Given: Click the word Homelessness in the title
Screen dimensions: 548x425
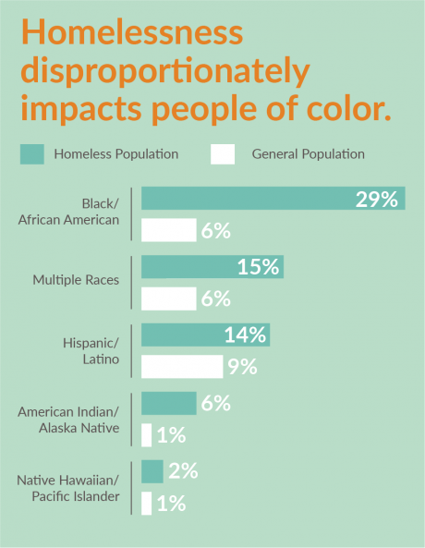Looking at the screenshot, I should (132, 34).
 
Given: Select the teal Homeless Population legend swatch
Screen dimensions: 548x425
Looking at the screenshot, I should (31, 154).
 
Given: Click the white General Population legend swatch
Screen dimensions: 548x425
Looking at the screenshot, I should (223, 154).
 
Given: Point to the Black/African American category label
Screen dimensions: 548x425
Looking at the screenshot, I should (81, 212).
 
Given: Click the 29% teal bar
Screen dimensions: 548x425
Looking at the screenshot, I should (273, 198).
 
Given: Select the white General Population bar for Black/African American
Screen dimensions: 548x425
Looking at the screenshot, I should (168, 230).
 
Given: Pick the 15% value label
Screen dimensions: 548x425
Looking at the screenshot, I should (258, 267).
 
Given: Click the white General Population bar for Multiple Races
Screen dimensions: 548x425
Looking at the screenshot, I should (168, 298).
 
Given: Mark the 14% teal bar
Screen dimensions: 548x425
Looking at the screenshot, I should (205, 335).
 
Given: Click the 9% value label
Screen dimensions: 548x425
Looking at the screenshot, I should (241, 367).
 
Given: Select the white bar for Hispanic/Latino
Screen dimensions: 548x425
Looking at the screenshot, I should (182, 367).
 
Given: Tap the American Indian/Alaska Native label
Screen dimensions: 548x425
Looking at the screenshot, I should (70, 419).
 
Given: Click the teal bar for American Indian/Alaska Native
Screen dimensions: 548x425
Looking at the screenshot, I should (168, 403).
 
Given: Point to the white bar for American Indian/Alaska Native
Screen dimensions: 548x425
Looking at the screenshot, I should (146, 434).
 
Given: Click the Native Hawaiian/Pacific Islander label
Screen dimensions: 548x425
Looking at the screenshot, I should (69, 488).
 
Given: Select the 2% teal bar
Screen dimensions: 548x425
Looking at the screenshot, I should (152, 471).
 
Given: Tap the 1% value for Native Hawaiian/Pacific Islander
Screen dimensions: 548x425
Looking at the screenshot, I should (171, 504).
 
